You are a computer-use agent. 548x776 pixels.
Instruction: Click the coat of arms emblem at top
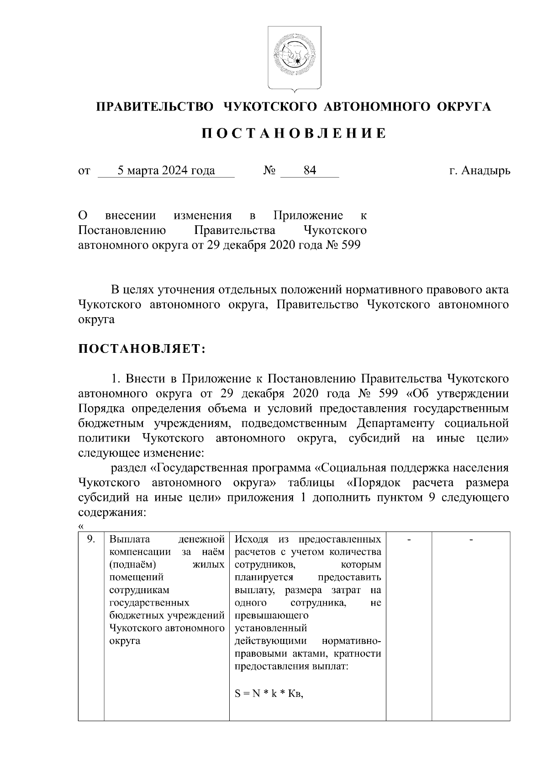(294, 58)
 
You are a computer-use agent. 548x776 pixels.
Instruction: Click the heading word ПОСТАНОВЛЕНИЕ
(294, 133)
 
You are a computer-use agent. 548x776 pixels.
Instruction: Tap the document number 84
(310, 171)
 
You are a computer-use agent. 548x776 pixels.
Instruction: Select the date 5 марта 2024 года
(166, 171)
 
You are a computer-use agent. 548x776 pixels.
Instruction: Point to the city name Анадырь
(486, 171)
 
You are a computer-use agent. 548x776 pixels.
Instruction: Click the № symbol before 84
(269, 171)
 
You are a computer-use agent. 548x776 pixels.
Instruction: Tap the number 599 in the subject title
(351, 245)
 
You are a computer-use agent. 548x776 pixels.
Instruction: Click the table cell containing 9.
(91, 539)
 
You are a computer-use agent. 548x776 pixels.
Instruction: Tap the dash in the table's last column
(471, 540)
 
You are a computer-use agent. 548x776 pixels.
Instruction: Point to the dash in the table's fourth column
(409, 540)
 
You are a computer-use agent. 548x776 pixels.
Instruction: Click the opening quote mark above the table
(81, 526)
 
